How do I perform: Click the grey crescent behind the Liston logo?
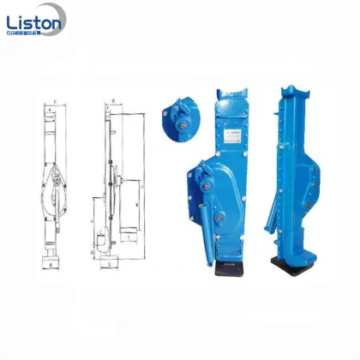point(18,18)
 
